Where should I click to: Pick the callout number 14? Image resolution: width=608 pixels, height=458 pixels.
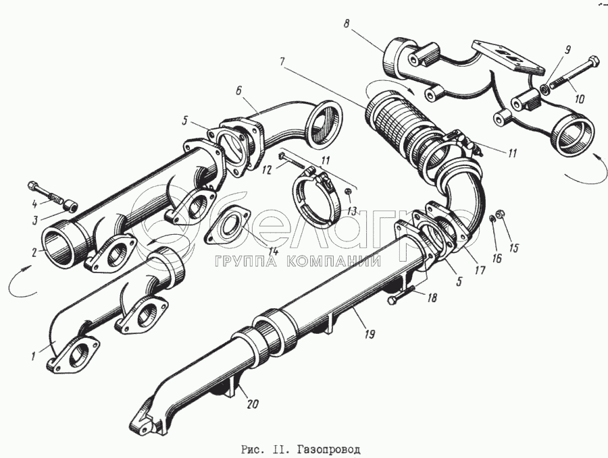[272, 252]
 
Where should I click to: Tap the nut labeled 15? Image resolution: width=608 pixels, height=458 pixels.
[499, 215]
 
